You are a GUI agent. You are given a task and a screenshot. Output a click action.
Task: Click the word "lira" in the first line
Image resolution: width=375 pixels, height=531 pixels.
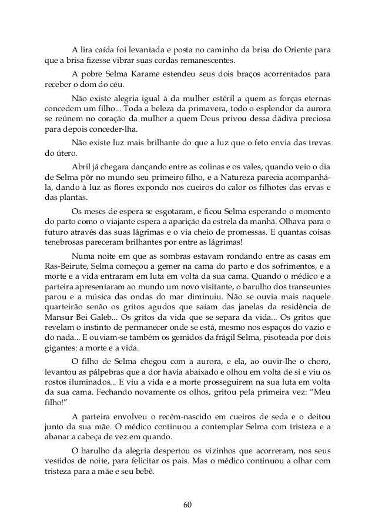pyautogui.click(x=86, y=48)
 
